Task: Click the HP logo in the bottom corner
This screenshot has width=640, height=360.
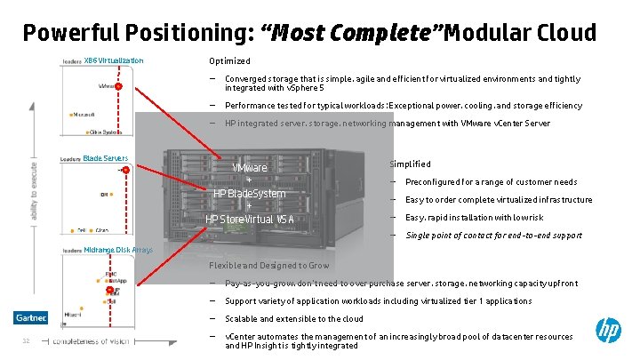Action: point(609,332)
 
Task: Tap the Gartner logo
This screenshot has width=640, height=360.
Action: point(30,317)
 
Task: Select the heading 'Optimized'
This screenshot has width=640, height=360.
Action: point(229,61)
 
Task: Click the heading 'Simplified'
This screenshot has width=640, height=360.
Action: point(410,164)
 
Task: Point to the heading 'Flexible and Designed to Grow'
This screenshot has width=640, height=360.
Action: point(268,266)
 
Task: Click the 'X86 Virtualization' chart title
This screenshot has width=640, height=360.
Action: point(114,60)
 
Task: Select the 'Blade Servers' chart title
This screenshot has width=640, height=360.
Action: point(105,158)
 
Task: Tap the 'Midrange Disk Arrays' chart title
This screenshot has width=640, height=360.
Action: point(118,250)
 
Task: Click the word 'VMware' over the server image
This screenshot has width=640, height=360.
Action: point(249,168)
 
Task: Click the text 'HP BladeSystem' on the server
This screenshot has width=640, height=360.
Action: point(250,194)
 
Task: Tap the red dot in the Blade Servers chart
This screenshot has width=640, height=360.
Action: point(126,169)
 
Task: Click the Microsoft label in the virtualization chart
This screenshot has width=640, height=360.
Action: point(84,115)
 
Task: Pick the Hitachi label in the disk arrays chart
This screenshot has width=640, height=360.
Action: point(74,314)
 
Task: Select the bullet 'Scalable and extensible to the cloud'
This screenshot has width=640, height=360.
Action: point(294,318)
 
